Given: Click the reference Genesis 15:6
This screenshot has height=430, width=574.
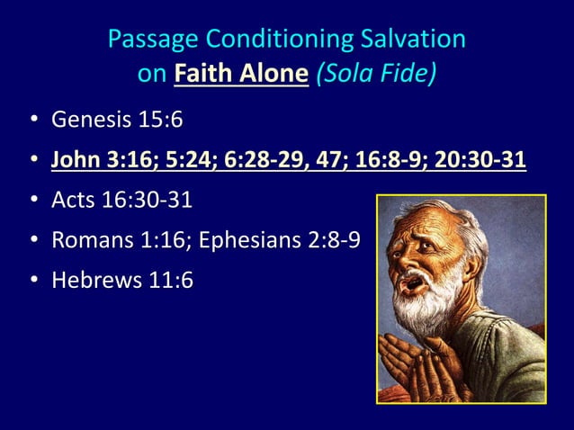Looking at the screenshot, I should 121,120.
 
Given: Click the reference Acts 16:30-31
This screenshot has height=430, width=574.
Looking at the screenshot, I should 121,201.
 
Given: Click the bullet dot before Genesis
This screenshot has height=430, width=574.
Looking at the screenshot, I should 32,121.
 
